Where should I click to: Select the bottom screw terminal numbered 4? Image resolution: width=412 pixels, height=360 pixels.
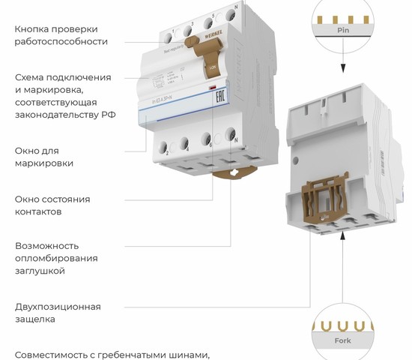tap(184, 144)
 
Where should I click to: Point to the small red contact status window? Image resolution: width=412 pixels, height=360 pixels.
tap(213, 88)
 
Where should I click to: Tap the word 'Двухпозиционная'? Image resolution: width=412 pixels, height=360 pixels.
tap(58, 306)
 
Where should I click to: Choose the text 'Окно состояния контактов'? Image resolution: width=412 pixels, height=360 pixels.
tap(52, 205)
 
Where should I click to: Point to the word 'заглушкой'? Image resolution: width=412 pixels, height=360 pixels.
tap(44, 270)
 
